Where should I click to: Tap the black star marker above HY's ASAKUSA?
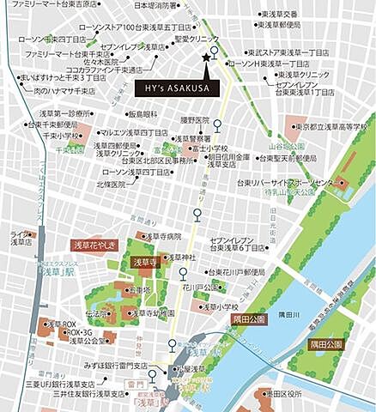tap(205, 58)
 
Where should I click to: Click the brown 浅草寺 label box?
tap(142, 262)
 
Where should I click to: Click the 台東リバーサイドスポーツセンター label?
tap(285, 183)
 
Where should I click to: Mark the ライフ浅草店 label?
tap(20, 238)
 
